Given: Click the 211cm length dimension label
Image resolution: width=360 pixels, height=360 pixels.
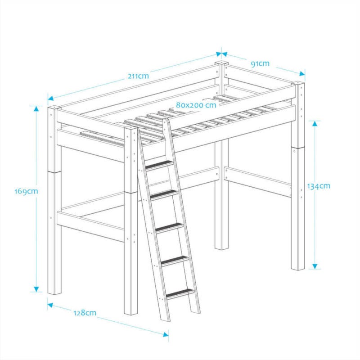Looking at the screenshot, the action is coord(138,76).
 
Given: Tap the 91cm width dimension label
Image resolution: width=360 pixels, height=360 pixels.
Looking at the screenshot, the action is coord(260,63).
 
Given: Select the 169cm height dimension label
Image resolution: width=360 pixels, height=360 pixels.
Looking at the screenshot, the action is coord(26,191).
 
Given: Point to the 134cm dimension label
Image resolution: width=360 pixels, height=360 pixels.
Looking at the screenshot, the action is coord(319,186).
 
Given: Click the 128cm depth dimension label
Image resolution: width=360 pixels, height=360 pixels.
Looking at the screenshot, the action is coord(85,312).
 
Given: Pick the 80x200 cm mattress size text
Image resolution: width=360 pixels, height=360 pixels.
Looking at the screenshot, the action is coord(196,105).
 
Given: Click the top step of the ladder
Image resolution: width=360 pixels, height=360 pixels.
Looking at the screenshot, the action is coord(159,165).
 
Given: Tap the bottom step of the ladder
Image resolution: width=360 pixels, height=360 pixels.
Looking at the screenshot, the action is coord(180,293).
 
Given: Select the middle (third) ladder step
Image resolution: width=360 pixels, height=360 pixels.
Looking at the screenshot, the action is coord(170,227).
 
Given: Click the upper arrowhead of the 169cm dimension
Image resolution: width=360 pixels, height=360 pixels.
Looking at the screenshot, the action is coord(36,108).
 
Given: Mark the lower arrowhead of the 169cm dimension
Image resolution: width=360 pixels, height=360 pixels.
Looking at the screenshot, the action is coord(36,289).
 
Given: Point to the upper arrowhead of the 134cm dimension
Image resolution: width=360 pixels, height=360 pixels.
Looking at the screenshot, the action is coord(315,123).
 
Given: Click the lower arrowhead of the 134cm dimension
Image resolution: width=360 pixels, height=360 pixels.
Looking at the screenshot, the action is coord(315,266).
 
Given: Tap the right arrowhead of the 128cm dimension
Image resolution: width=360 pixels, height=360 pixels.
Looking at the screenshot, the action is coord(166,334).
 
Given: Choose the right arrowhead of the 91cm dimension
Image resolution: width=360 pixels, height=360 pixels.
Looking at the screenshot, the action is coord(302,73).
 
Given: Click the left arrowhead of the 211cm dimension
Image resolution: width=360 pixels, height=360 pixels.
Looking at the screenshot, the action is coord(50,98).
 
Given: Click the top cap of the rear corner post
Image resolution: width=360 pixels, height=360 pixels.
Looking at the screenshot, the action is coord(221,63).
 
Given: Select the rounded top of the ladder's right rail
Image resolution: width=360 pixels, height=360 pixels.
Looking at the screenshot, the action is coord(166,121).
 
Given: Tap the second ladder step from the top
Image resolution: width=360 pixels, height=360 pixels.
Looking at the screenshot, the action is coord(164,194).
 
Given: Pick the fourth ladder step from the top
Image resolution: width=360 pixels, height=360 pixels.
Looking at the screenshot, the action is coord(175,261).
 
